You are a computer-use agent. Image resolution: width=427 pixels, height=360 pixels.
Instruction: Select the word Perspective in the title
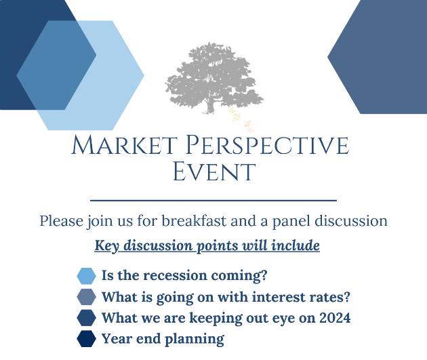click(267, 145)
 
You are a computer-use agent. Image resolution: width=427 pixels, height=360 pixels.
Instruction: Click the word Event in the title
click(214, 172)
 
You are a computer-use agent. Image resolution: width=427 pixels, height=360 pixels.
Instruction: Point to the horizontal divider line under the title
click(213, 201)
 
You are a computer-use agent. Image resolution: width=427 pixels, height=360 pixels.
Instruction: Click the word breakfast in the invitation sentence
click(194, 220)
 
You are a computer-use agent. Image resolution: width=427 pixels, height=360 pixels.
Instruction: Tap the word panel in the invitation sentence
click(291, 221)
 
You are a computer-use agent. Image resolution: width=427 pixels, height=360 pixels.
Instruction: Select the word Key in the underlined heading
click(107, 245)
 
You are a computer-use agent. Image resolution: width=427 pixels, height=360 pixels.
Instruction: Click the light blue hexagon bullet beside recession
click(86, 276)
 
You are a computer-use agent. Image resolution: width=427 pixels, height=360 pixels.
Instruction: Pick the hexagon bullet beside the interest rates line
click(86, 297)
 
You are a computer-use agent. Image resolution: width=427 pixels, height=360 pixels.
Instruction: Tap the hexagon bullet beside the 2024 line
click(86, 318)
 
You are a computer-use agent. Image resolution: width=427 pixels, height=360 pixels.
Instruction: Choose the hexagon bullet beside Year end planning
click(86, 339)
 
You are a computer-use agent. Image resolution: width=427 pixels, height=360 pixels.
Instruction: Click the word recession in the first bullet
click(175, 275)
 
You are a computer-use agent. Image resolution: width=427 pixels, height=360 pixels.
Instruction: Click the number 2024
click(335, 317)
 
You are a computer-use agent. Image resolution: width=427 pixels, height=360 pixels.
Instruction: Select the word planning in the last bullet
click(195, 339)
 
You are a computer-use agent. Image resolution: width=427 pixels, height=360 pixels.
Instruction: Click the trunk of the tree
click(209, 106)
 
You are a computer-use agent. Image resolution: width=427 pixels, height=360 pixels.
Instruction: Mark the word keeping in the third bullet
click(216, 318)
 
